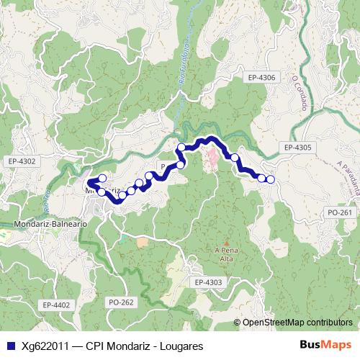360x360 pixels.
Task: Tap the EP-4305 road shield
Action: point(297,148)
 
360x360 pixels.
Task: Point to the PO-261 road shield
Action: point(338,212)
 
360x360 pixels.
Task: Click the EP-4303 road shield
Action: point(209,283)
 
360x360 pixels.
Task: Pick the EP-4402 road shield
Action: point(55,305)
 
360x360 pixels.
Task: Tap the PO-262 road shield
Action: point(120,302)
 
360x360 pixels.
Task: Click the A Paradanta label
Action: point(348,176)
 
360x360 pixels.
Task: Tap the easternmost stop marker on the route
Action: point(270,179)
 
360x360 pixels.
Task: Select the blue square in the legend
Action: point(9,346)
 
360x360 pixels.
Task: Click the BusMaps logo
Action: point(325,346)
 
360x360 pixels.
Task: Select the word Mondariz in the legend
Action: point(131,346)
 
